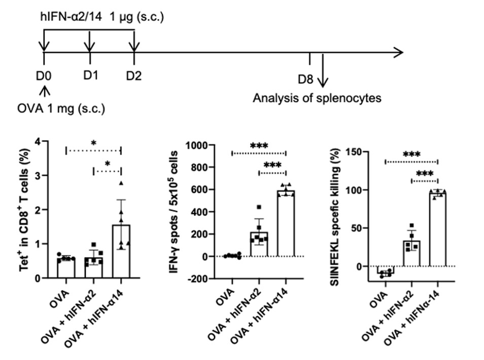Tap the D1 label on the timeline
coord(90,76)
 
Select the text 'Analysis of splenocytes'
coord(317,98)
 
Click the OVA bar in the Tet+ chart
coord(66,268)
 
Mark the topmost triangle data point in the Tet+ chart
coord(121,183)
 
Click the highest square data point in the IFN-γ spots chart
coord(259,207)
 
